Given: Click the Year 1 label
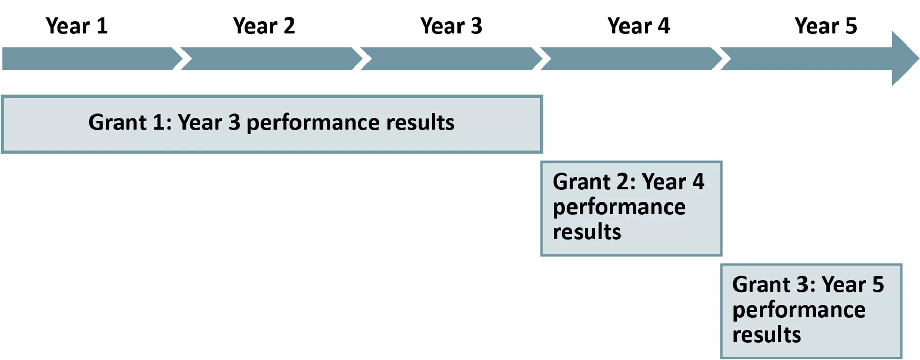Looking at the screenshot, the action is tap(77, 26).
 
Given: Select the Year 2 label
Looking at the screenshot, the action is tap(264, 26).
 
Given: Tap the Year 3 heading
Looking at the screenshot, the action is tap(451, 26).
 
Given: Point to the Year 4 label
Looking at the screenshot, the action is tap(638, 26).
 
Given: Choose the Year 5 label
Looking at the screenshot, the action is tap(825, 26).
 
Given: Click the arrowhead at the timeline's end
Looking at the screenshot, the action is tap(905, 58).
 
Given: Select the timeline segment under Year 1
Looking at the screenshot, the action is tap(92, 58).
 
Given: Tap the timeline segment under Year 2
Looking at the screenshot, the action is tap(271, 58).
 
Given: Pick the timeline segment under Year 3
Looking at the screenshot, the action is tap(451, 58).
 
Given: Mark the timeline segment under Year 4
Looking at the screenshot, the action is tap(631, 58).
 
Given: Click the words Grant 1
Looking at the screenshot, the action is tap(130, 122).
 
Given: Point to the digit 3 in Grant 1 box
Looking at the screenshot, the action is tap(234, 122).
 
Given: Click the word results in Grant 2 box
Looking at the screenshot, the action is tap(587, 232).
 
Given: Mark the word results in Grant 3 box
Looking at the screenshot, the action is tap(767, 334).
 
